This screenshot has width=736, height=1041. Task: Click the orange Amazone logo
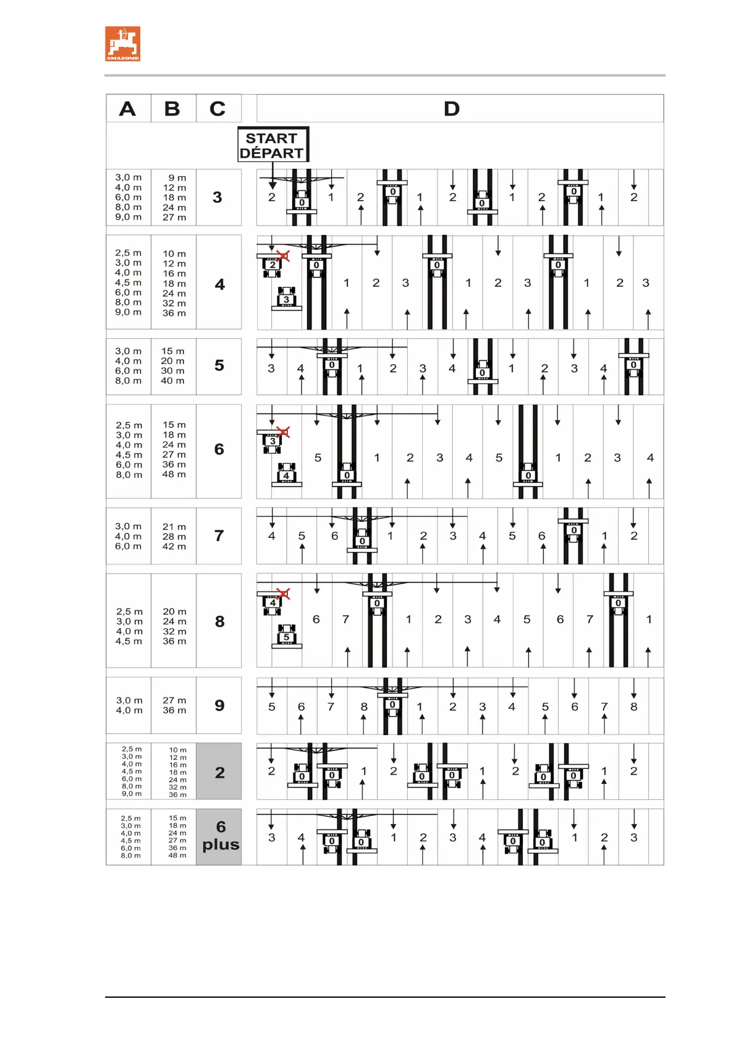[x=122, y=43]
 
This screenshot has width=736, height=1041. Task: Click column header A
[x=128, y=109]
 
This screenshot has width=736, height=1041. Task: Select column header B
[x=172, y=109]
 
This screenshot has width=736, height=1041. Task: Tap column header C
[x=218, y=109]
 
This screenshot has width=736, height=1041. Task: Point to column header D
[x=452, y=109]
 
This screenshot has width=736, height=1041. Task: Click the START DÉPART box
[x=273, y=145]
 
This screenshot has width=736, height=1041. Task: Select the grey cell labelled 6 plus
[x=219, y=836]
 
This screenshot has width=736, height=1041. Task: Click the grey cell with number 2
[x=219, y=772]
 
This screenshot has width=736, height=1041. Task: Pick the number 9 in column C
[x=219, y=705]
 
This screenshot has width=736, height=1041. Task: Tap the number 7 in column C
[x=219, y=535]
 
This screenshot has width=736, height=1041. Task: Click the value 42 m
[x=174, y=546]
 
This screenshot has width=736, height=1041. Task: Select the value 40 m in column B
[x=172, y=381]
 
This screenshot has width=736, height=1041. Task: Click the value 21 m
[x=174, y=527]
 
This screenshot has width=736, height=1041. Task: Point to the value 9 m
[x=177, y=177]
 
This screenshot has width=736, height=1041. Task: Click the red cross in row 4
[x=283, y=255]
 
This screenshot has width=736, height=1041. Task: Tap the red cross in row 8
[x=283, y=593]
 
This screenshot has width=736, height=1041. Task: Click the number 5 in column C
[x=219, y=365]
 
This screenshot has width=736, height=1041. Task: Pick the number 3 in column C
[x=218, y=197]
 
